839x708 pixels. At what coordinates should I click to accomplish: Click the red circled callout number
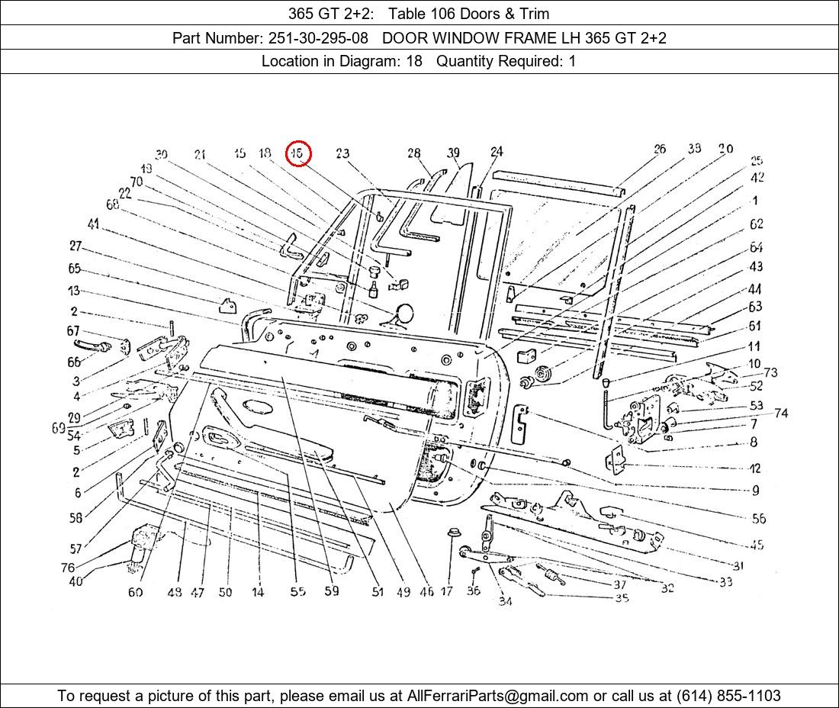click(298, 153)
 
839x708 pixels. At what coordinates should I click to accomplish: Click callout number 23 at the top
click(342, 153)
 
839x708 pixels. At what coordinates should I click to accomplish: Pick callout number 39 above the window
click(454, 153)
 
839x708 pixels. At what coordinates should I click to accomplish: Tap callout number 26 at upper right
click(660, 149)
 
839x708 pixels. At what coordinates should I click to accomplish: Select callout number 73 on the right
click(770, 372)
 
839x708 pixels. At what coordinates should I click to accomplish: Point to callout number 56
click(758, 519)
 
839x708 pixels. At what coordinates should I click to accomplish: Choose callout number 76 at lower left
click(68, 568)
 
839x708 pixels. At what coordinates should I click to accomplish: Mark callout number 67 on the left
click(73, 331)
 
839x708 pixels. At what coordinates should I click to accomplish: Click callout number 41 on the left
click(93, 224)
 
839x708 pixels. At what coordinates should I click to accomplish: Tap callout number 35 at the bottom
click(622, 598)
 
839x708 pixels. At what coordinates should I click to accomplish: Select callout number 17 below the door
click(447, 591)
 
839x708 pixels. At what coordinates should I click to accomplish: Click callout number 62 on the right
click(756, 224)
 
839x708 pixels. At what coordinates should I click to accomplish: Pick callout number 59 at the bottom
click(331, 591)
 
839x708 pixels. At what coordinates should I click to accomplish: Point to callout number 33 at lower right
click(725, 582)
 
